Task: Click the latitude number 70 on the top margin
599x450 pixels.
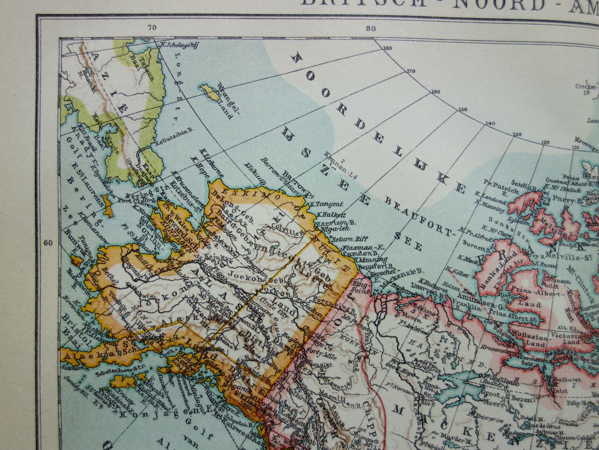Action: (152, 28)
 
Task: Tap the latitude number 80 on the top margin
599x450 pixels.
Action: (371, 28)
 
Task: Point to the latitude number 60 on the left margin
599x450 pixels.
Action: (48, 242)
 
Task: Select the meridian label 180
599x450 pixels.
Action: (387, 49)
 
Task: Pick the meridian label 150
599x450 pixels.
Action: (462, 110)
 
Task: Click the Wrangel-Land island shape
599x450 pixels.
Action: (210, 92)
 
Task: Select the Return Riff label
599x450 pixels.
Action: (344, 239)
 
